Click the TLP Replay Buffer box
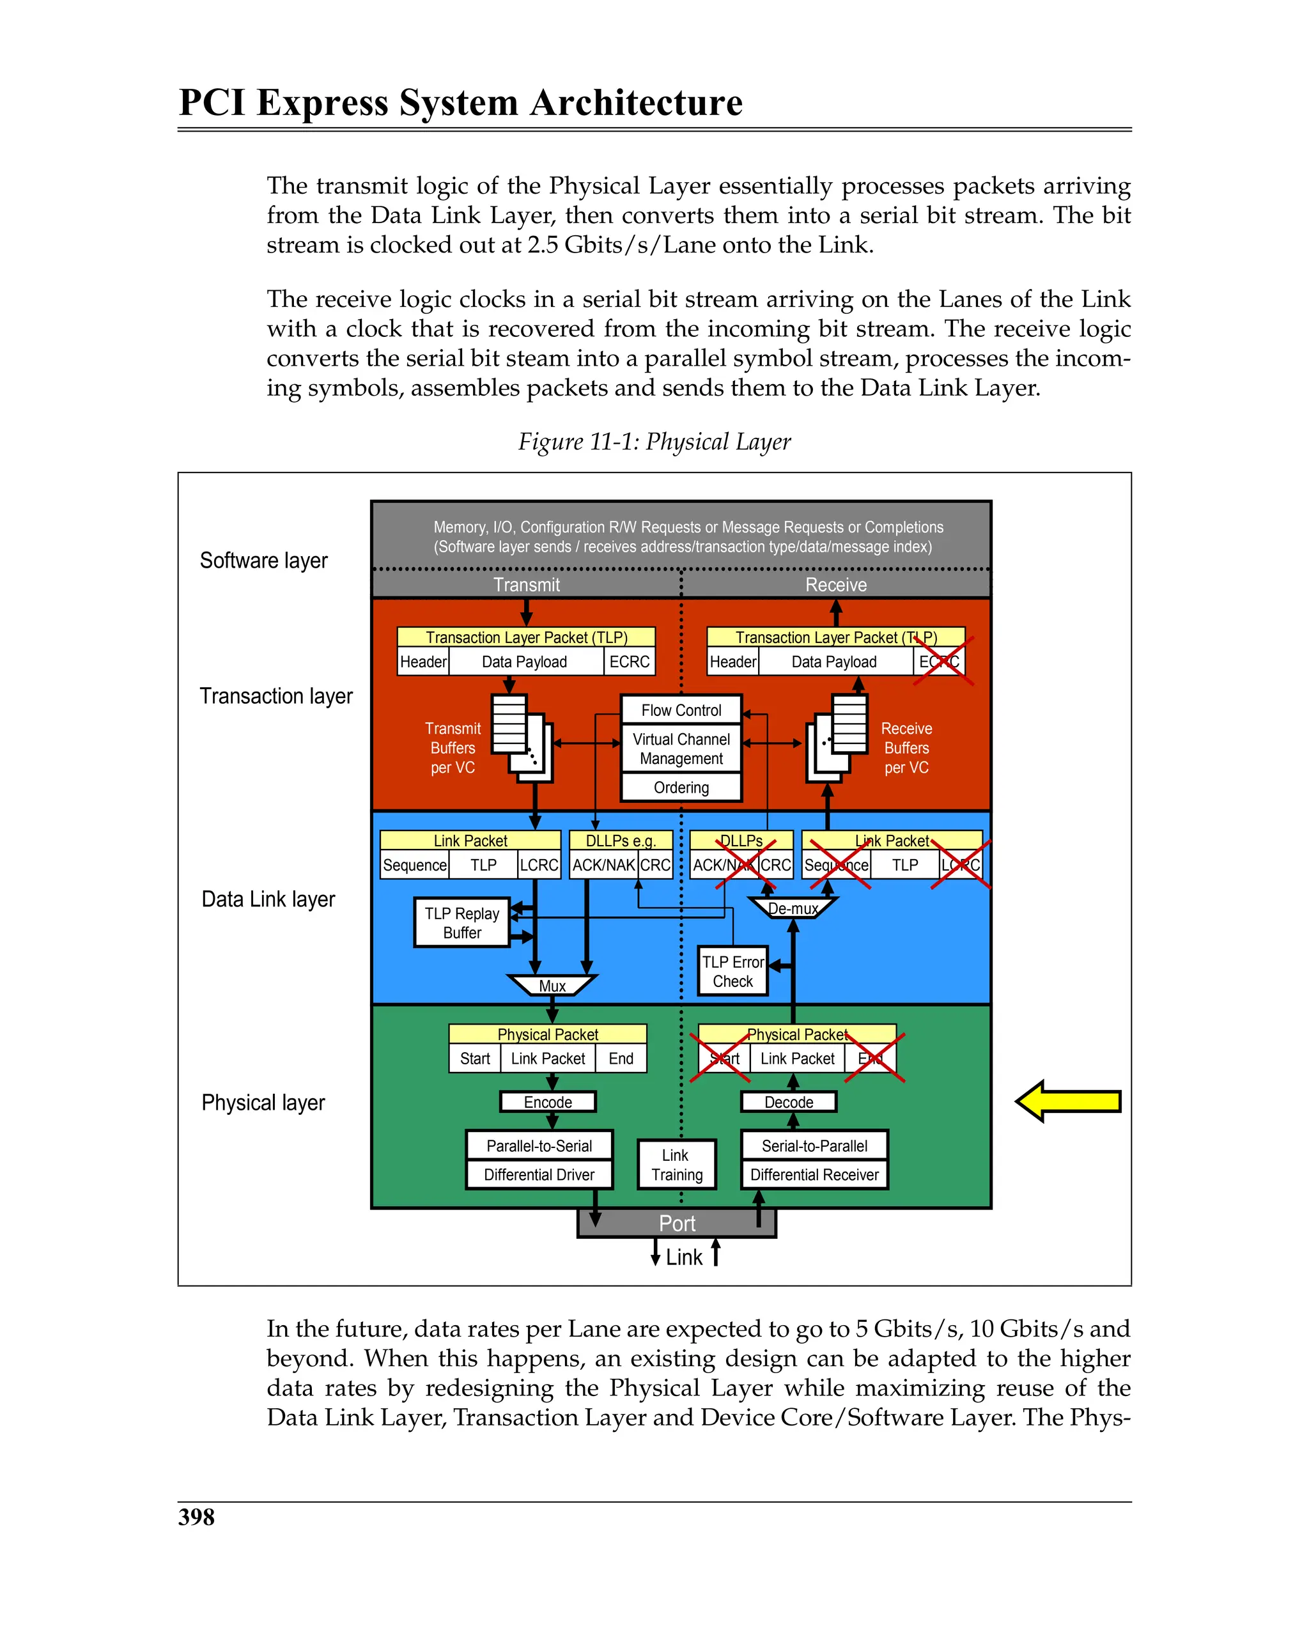click(x=461, y=922)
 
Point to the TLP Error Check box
click(x=732, y=971)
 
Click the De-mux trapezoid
click(x=792, y=908)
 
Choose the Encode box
click(x=547, y=1101)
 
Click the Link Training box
click(x=676, y=1164)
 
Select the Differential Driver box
click(x=538, y=1174)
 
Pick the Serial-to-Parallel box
click(x=814, y=1145)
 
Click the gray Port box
click(x=676, y=1222)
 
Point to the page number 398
click(x=196, y=1516)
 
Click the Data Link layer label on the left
click(x=268, y=899)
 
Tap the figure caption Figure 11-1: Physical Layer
click(x=654, y=441)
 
